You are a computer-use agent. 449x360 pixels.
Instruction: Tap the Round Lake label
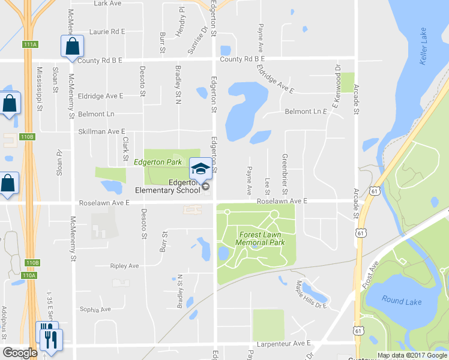[402, 301]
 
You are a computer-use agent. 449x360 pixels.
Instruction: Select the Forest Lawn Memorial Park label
[261, 238]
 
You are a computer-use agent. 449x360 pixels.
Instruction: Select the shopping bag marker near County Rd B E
[72, 46]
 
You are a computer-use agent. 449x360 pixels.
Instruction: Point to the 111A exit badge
[30, 44]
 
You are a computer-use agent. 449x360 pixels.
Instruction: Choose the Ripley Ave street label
[124, 266]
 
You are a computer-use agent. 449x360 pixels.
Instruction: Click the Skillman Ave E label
[101, 131]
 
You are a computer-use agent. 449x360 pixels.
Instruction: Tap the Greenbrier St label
[283, 169]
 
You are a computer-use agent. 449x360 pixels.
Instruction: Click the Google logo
[20, 353]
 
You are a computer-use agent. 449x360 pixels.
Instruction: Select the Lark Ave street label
[109, 3]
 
